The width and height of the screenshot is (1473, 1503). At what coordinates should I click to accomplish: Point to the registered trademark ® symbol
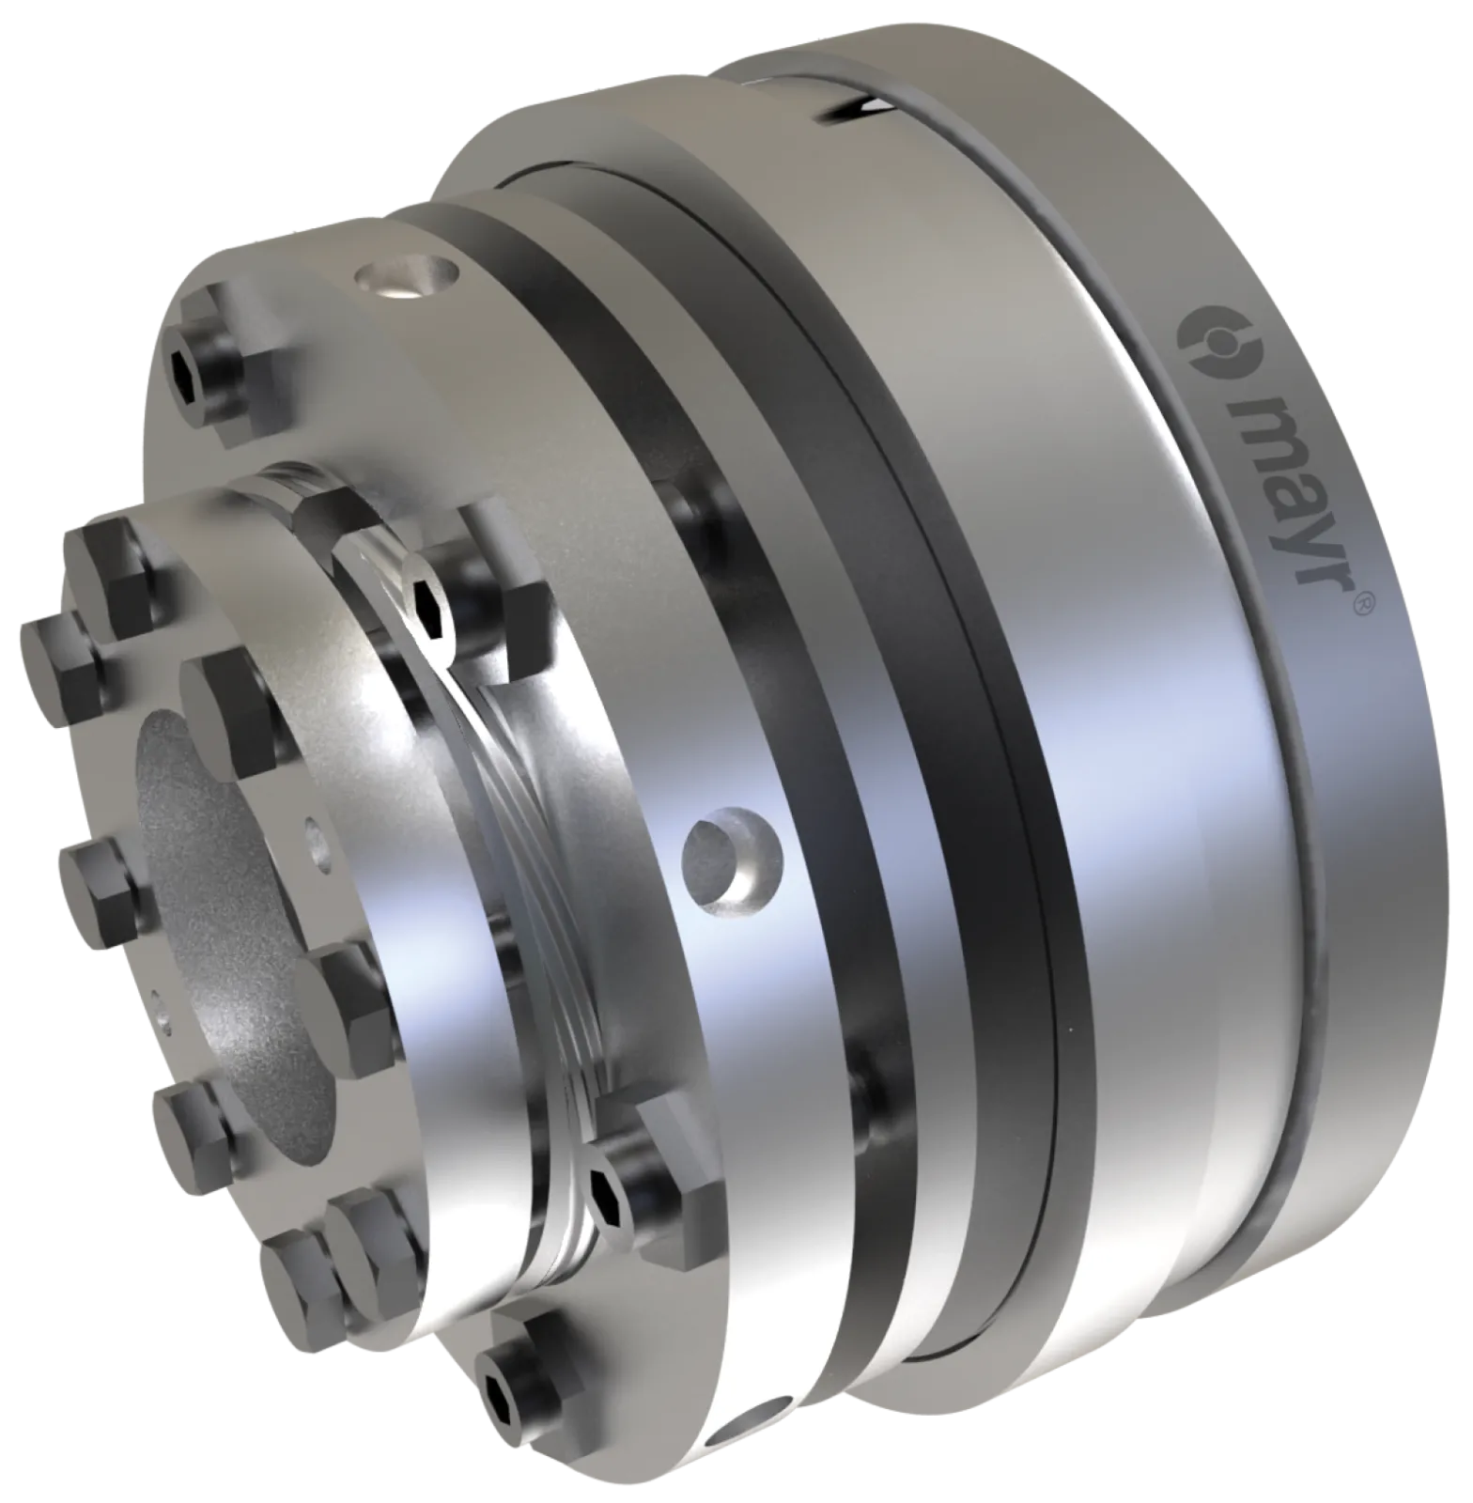[x=1364, y=601]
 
